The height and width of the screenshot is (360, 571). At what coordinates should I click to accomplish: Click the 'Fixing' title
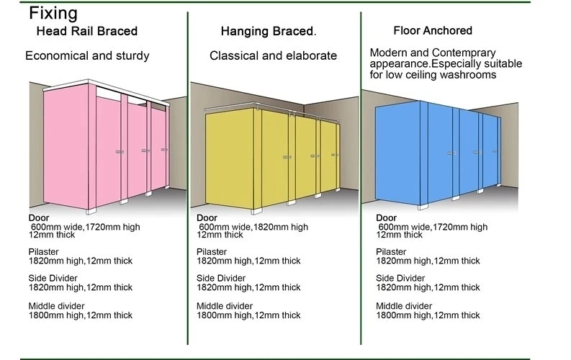pyautogui.click(x=54, y=13)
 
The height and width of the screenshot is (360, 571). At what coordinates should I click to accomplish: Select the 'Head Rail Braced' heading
pyautogui.click(x=87, y=32)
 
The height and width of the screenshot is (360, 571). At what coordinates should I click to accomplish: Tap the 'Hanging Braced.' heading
pyautogui.click(x=268, y=32)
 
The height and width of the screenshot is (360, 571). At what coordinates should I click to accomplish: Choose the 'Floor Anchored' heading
pyautogui.click(x=433, y=30)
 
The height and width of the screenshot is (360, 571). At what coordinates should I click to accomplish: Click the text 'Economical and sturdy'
pyautogui.click(x=87, y=55)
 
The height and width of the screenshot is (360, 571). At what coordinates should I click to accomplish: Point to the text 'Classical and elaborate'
pyautogui.click(x=273, y=55)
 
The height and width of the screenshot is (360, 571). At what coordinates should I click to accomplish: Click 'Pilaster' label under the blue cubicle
pyautogui.click(x=391, y=252)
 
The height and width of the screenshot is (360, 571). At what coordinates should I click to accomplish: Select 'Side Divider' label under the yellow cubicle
pyautogui.click(x=220, y=278)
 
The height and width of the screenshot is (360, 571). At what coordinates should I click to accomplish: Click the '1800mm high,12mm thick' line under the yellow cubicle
pyautogui.click(x=248, y=315)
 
